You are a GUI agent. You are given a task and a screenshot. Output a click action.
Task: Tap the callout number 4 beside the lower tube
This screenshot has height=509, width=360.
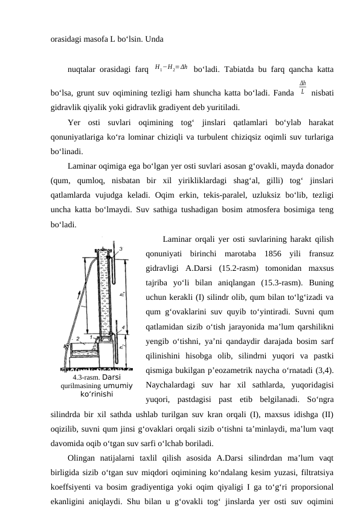coord(124,327)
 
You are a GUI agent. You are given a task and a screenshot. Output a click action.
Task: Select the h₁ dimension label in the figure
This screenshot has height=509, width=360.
coord(123,293)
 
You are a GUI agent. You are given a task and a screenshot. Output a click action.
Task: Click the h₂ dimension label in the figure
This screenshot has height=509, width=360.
coord(123,347)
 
